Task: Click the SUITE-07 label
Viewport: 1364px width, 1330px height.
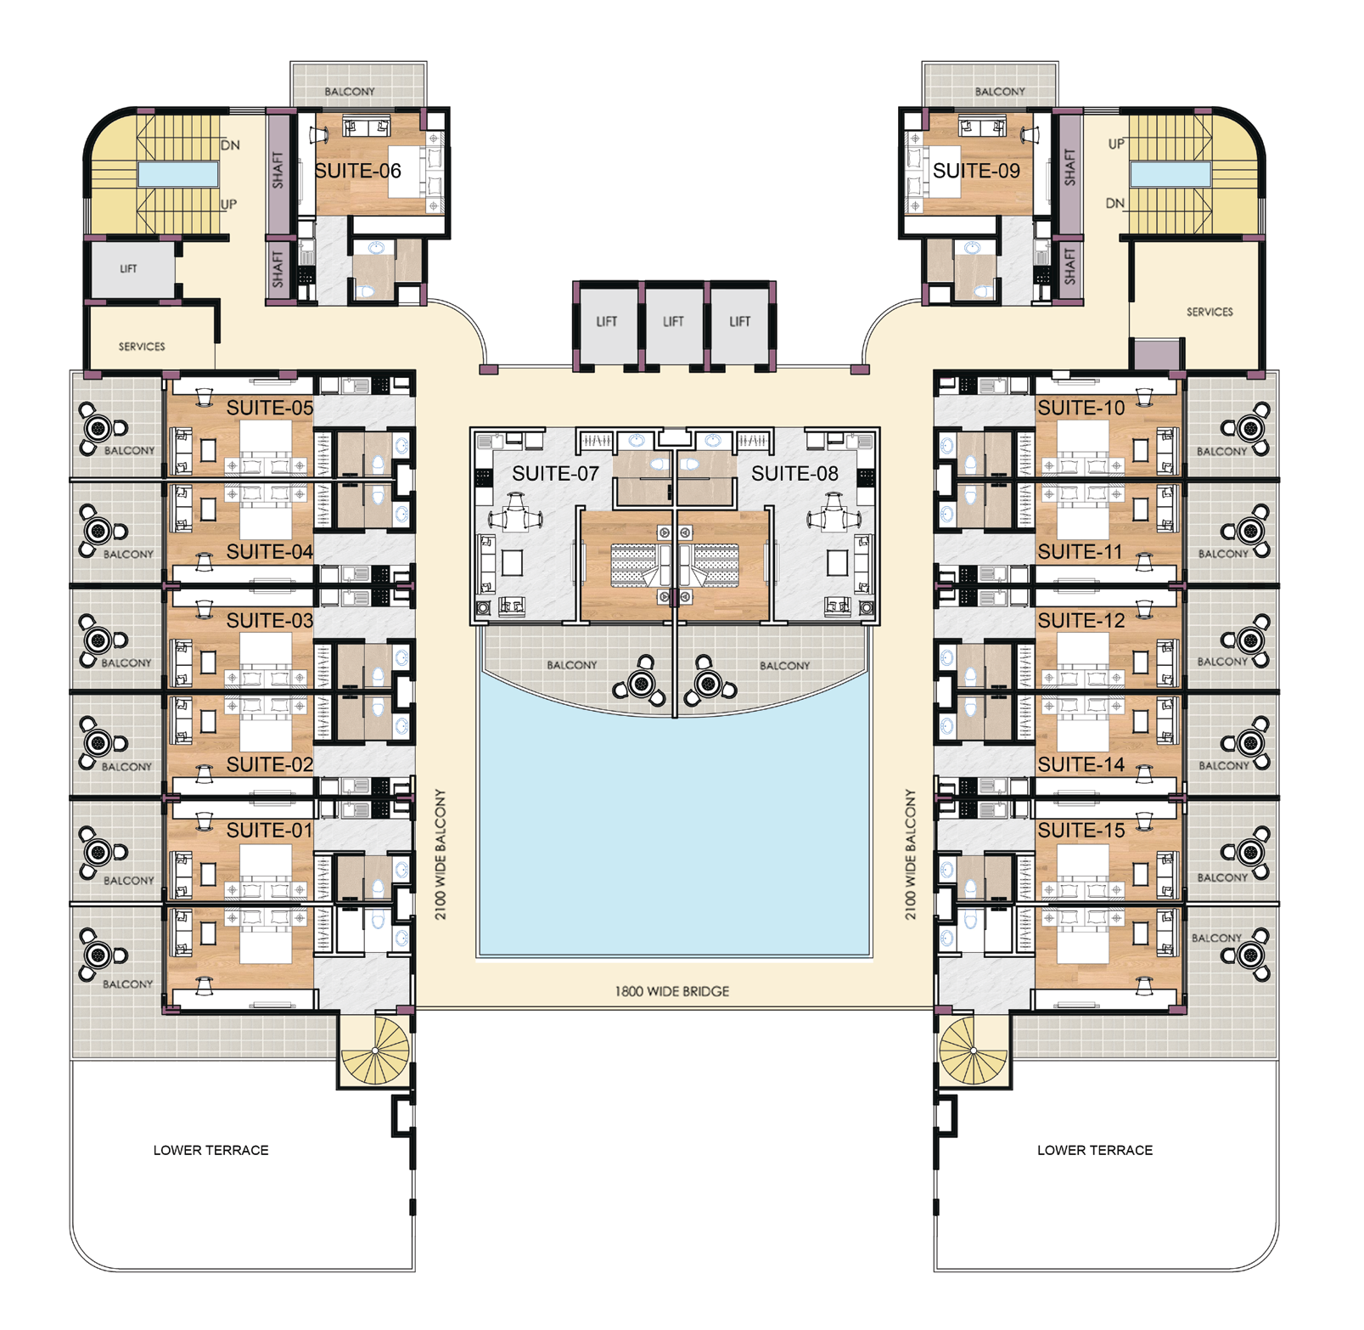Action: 555,474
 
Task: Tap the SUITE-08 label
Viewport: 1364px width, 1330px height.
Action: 794,474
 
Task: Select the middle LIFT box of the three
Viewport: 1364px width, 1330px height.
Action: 673,322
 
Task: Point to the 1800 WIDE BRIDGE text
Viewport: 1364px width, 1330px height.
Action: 671,991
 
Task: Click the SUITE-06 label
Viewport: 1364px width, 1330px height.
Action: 357,171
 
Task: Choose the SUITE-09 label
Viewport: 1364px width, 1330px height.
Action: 976,171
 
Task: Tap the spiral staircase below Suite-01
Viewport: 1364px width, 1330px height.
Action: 375,1051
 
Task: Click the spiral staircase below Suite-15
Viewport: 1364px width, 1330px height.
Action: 974,1051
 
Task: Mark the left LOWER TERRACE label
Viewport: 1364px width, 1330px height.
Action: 210,1150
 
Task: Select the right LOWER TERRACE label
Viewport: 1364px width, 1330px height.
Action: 1095,1150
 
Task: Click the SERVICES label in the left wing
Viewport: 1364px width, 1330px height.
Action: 142,347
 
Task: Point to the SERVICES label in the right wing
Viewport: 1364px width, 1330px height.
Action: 1210,312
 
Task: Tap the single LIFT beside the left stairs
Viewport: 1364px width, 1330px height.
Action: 129,269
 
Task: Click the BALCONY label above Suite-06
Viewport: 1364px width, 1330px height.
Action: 350,92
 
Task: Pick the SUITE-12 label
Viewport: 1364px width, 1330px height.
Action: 1081,621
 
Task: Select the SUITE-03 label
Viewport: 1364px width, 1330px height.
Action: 270,621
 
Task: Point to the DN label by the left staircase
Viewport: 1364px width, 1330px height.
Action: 230,145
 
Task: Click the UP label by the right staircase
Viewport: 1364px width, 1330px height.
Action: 1116,144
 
